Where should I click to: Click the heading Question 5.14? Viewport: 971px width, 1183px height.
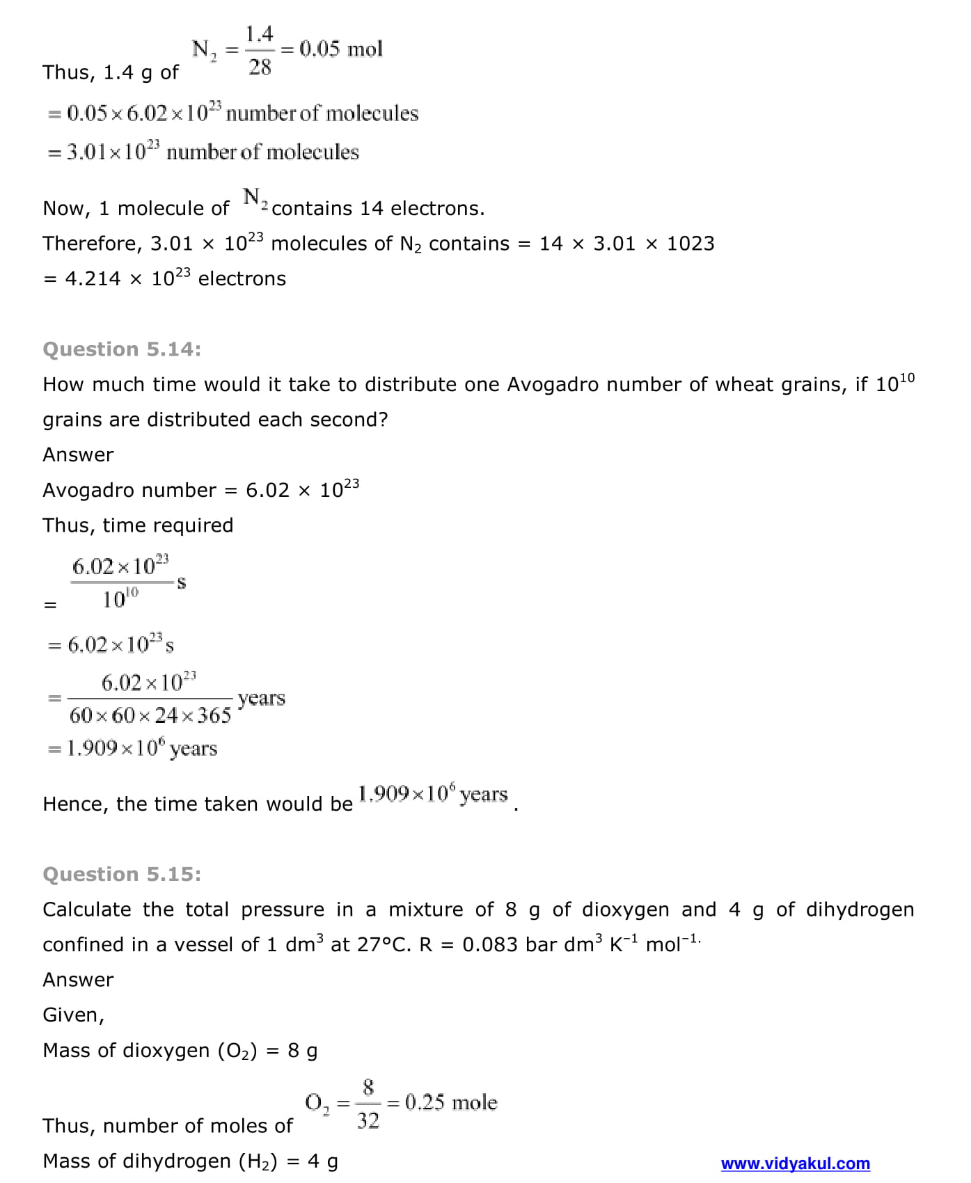click(122, 349)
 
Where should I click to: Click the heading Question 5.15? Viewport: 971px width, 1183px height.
click(122, 874)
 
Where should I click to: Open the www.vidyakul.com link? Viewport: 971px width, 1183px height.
click(795, 1164)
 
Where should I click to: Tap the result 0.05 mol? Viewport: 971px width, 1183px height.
click(341, 49)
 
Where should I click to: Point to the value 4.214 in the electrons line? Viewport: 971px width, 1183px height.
click(93, 279)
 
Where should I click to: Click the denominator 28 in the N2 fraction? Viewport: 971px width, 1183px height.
click(260, 68)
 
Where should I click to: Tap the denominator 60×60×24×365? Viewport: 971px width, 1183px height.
click(150, 715)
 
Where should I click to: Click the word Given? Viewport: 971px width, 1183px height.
click(73, 1015)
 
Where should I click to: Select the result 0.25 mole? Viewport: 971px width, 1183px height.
click(451, 1102)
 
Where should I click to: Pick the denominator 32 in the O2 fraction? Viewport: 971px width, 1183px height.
click(368, 1120)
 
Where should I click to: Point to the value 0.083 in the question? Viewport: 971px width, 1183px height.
click(490, 945)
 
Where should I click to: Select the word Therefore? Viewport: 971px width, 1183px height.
click(92, 244)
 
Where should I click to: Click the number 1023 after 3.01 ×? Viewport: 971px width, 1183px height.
click(690, 244)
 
